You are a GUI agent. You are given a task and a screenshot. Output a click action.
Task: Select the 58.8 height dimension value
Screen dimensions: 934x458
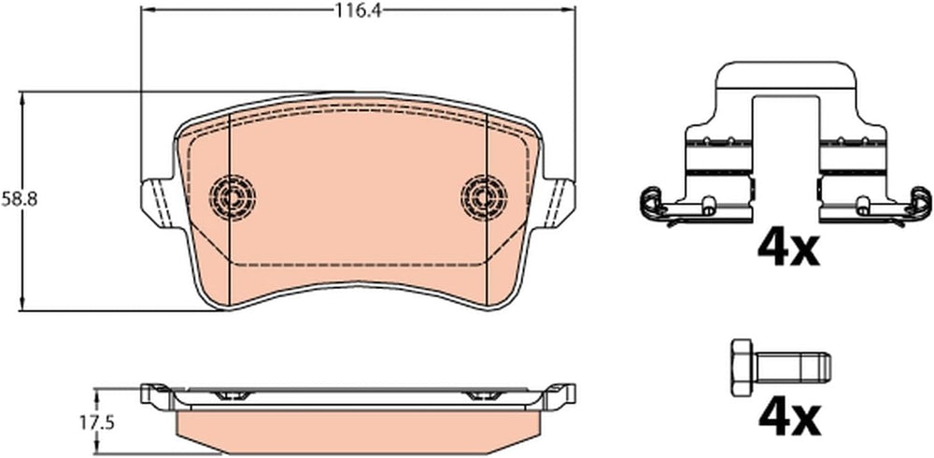pos(19,200)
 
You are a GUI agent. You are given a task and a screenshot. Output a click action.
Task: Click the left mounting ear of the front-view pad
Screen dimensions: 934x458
pos(160,203)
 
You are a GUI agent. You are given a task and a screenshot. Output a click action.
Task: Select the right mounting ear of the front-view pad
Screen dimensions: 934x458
pos(558,203)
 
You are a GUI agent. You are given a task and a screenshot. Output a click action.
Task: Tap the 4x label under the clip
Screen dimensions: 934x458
pos(788,249)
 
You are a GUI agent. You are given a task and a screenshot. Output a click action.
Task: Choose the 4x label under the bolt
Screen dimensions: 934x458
pos(788,418)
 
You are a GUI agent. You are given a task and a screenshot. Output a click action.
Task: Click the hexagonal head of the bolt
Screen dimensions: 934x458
pos(743,367)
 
